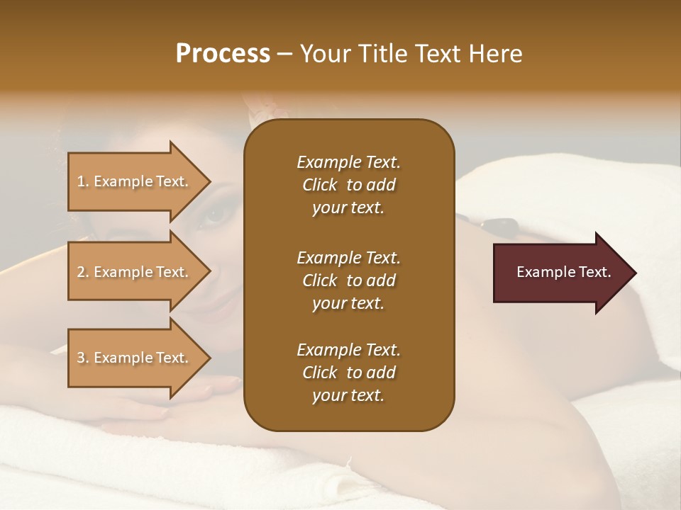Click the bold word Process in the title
click(x=223, y=54)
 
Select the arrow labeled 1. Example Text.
click(x=135, y=181)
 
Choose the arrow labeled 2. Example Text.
click(x=135, y=272)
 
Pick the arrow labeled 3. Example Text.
click(x=135, y=358)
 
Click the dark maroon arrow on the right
click(x=560, y=273)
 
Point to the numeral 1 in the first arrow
click(x=81, y=181)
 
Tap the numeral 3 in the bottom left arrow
click(x=81, y=358)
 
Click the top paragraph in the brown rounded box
click(x=348, y=185)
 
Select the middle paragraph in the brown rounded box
click(x=348, y=280)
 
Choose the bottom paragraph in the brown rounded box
click(x=348, y=373)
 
